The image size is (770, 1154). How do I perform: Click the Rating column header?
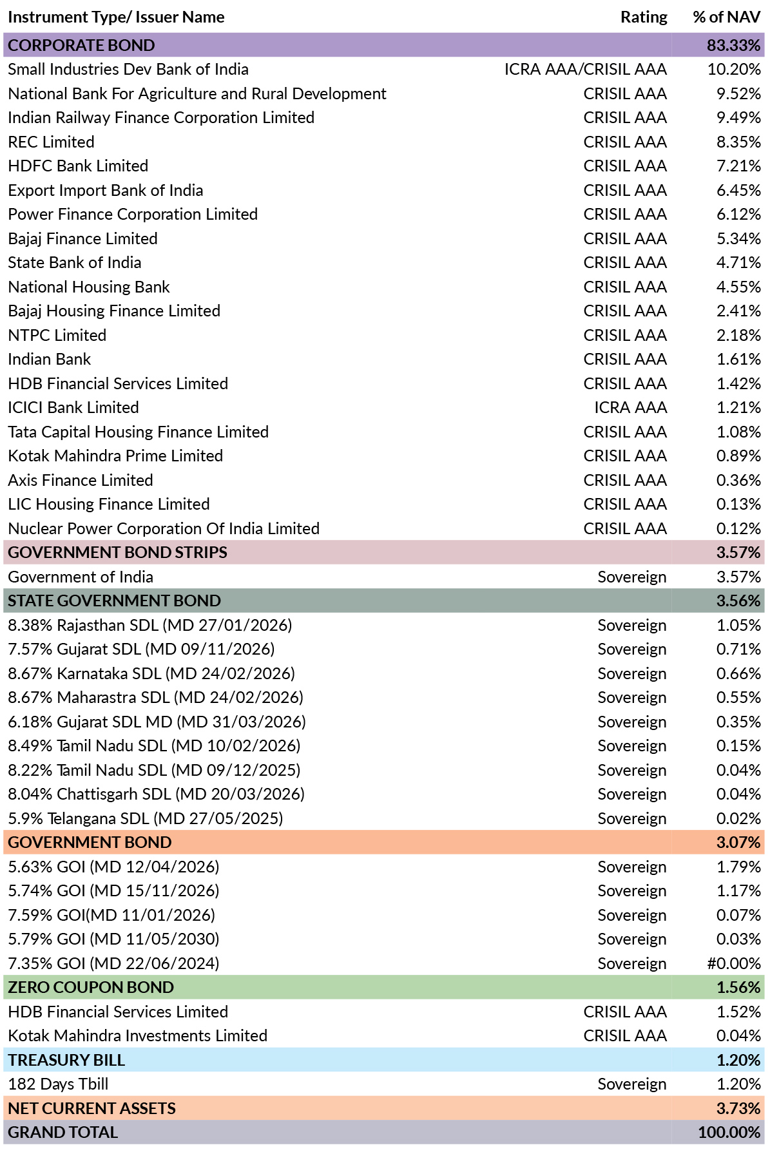coord(644,17)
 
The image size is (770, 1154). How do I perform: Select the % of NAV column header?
coord(727,17)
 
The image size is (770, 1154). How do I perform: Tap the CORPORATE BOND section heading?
coord(81,45)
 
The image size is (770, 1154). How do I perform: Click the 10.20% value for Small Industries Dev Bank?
coord(734,70)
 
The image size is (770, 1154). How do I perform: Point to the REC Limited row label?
coord(51,142)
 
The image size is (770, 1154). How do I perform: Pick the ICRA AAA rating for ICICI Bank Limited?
coord(630,408)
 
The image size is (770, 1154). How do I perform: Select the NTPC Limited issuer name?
coord(57,335)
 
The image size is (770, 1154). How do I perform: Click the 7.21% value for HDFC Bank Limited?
coord(738,166)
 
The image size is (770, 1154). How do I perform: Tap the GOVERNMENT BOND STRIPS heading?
coord(117,552)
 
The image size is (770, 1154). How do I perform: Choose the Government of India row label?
coord(81,577)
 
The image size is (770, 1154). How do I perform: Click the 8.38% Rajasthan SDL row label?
coord(150,625)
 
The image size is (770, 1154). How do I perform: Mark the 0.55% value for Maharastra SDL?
coord(738,698)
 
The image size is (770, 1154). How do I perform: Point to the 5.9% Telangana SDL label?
coord(146,818)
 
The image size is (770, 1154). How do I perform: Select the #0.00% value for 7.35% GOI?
coord(734,963)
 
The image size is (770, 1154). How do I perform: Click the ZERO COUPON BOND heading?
coord(91,987)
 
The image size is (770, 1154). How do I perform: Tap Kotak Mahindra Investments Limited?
coord(137,1035)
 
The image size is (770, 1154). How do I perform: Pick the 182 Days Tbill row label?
coord(58,1084)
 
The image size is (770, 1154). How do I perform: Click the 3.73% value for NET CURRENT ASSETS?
coord(738,1108)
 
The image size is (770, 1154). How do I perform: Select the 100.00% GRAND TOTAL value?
coord(729,1132)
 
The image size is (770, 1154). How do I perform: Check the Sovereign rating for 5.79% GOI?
coord(632,939)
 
